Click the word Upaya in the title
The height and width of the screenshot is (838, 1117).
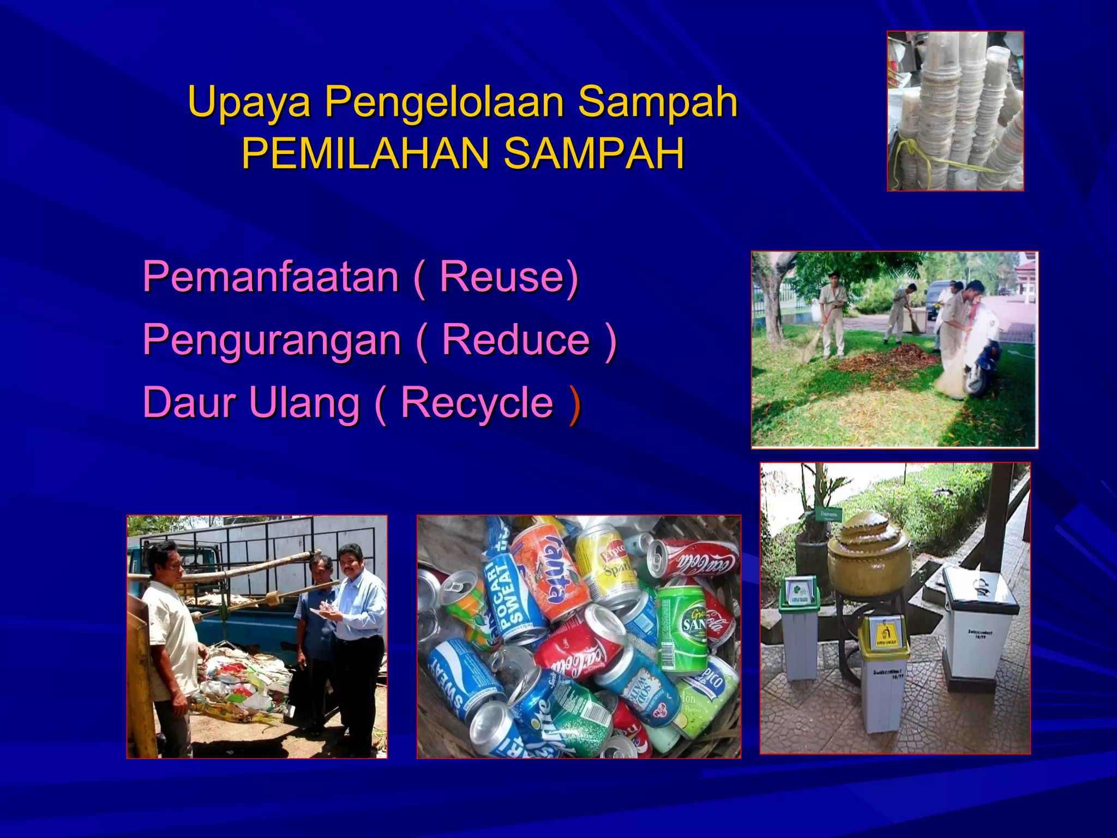click(x=249, y=102)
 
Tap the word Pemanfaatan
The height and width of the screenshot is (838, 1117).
click(x=271, y=277)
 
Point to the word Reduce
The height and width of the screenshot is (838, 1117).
click(x=515, y=339)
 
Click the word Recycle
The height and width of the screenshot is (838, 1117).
click(x=477, y=403)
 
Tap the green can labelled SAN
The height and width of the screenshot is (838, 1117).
click(x=681, y=627)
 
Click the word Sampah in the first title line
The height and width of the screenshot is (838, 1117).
click(x=657, y=102)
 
